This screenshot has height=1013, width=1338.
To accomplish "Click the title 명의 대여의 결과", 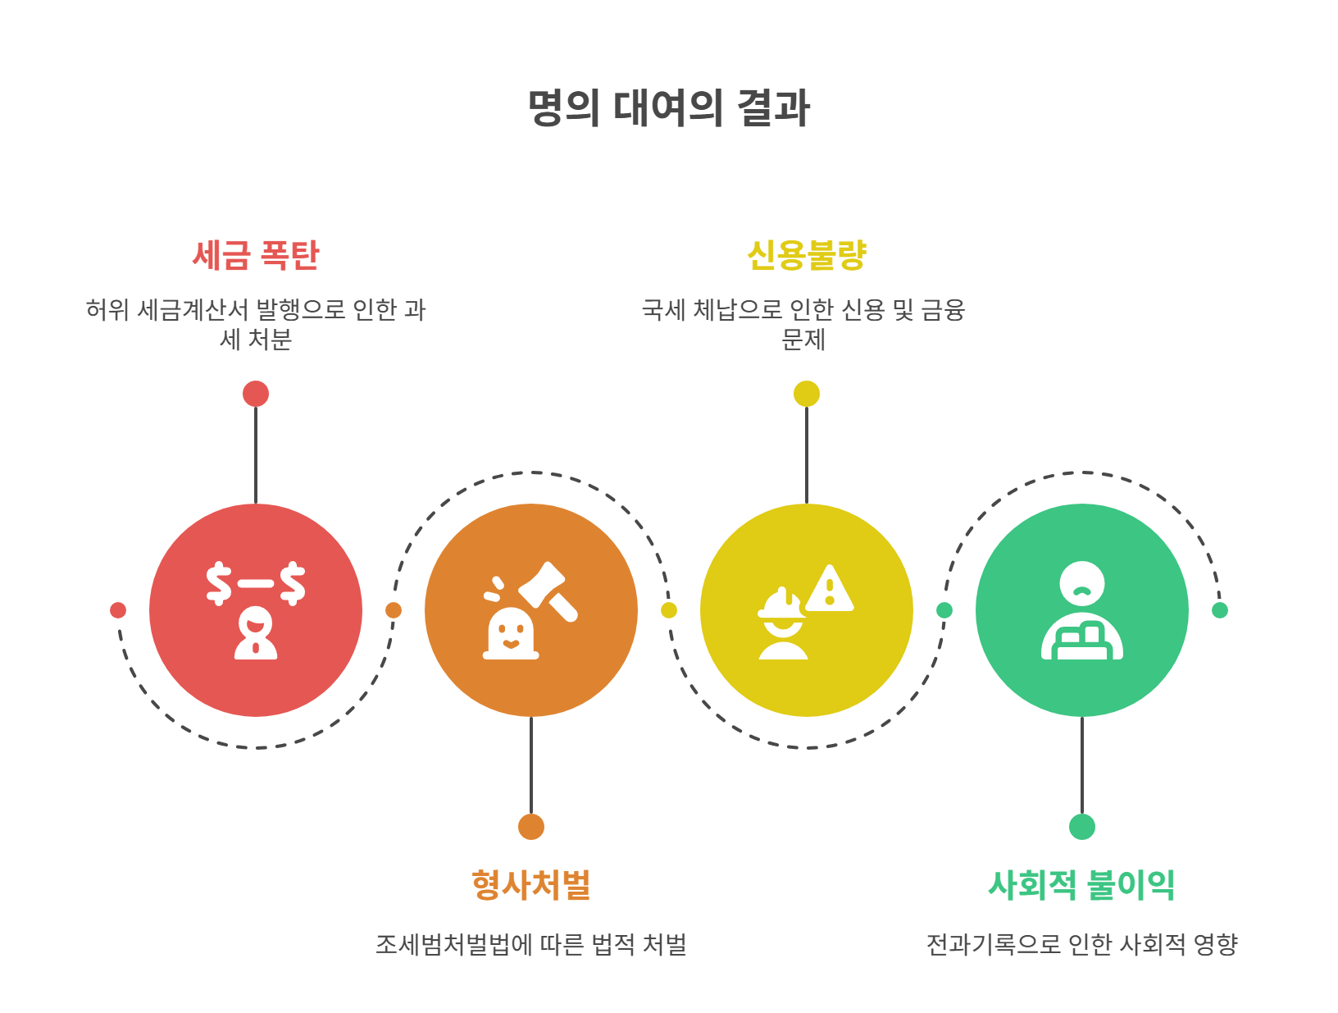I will coord(669,108).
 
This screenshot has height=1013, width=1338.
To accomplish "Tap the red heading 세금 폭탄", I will coord(256,255).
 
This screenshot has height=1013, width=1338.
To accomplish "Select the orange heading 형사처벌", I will coord(531,885).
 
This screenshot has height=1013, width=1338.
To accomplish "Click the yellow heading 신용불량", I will coord(807,255).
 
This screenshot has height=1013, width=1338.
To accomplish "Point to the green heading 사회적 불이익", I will coord(1082,885).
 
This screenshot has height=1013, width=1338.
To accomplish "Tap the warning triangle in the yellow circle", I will coord(830,589).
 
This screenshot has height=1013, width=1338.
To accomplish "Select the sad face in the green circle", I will coord(1082,584).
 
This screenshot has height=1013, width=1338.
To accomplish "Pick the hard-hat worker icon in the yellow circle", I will coord(783,625).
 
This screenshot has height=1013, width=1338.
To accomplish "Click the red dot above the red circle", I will coord(256,394).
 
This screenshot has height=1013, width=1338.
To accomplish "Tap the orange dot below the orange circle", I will coord(531,827).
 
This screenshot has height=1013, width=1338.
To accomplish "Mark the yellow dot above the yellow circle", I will coord(807,394).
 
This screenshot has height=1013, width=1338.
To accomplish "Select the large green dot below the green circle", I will coord(1082,827).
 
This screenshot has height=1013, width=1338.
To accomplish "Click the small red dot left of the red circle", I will coord(118,610).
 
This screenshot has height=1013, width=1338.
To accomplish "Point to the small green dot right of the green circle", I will coord(1220,610).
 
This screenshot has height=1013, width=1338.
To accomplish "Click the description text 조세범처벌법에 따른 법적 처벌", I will coord(531,945).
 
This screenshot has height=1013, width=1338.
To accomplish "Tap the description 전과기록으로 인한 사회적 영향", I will coord(1082,945).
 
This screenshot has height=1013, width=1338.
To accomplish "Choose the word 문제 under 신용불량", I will coord(803,340).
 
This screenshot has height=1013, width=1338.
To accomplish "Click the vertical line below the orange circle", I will coord(531,765).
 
